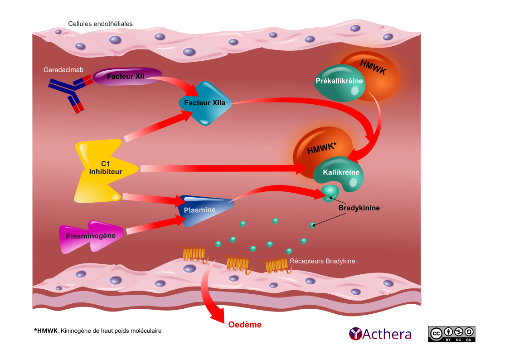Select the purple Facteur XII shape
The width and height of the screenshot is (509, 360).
127,77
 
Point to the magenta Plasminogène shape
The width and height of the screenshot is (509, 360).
90,236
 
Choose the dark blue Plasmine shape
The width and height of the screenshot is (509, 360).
206,209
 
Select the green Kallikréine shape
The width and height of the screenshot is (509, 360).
340,173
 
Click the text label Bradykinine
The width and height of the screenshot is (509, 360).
359,209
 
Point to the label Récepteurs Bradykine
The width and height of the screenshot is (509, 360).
322,261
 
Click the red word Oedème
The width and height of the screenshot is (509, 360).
245,325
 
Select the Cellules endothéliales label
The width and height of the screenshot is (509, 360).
100,24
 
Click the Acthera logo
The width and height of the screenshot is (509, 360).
380,334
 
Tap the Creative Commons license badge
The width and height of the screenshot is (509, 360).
451,334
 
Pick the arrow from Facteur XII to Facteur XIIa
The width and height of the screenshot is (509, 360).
174,84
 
